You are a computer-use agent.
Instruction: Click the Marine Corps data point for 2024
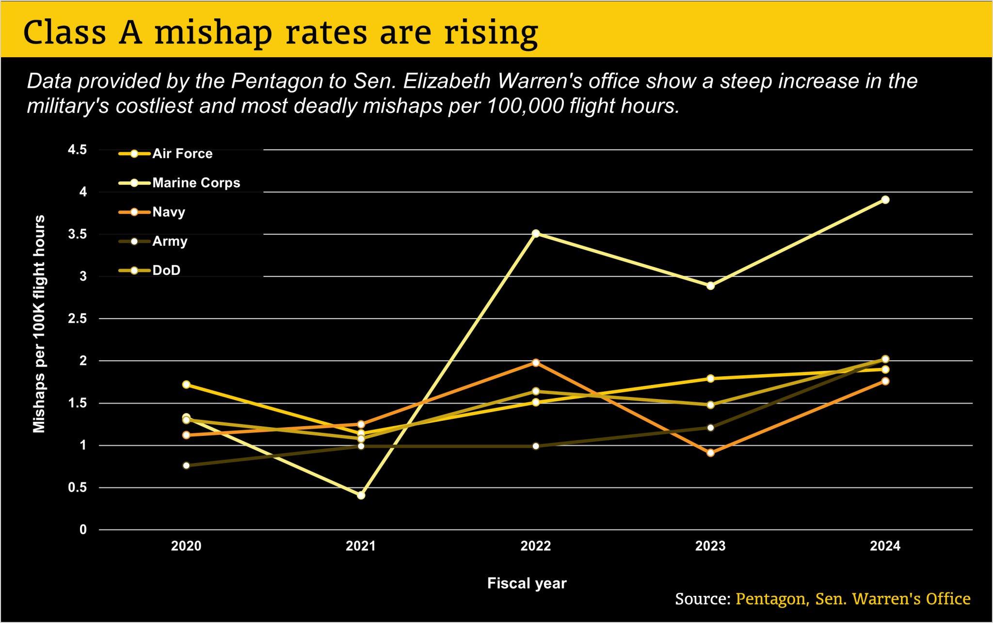[885, 200]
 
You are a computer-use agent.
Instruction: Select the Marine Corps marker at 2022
[536, 234]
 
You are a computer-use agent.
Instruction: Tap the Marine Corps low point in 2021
[361, 495]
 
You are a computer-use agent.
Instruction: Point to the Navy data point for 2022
[536, 363]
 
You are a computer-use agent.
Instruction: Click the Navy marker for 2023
[710, 453]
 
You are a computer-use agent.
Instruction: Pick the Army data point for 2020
[186, 465]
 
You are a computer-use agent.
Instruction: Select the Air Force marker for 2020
[186, 384]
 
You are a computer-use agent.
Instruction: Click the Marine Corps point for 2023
[710, 286]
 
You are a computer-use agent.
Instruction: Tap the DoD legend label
[166, 270]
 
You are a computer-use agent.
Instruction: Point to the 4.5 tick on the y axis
[78, 150]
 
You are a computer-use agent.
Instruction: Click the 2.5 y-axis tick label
[78, 319]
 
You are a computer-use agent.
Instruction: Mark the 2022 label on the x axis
[536, 546]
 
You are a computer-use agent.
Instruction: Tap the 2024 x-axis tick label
[885, 546]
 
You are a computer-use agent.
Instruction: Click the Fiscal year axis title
[527, 583]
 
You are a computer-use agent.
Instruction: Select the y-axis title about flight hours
[39, 323]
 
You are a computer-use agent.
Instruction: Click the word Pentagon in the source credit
[771, 599]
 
